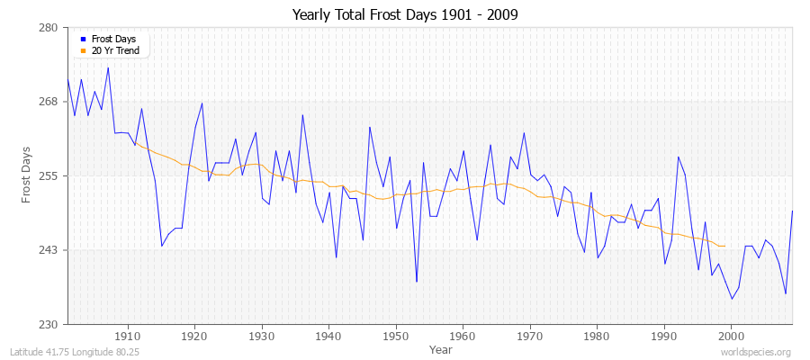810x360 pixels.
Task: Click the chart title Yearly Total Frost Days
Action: tap(405, 15)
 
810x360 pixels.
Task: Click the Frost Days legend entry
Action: tap(112, 39)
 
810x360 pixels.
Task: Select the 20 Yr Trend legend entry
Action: tap(115, 50)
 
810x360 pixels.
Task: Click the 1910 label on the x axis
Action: tap(128, 335)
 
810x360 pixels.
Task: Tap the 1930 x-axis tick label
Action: tap(262, 335)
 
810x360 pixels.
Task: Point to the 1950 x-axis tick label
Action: tap(396, 335)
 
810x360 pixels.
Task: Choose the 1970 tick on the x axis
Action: tap(530, 335)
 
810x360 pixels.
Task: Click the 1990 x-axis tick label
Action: tap(664, 335)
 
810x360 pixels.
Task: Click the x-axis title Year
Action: tap(441, 348)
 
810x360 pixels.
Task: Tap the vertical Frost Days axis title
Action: tap(27, 175)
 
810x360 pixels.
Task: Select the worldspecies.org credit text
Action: tap(758, 353)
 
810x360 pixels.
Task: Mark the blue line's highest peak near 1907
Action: tap(108, 67)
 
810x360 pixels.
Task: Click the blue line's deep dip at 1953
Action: tap(417, 282)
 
